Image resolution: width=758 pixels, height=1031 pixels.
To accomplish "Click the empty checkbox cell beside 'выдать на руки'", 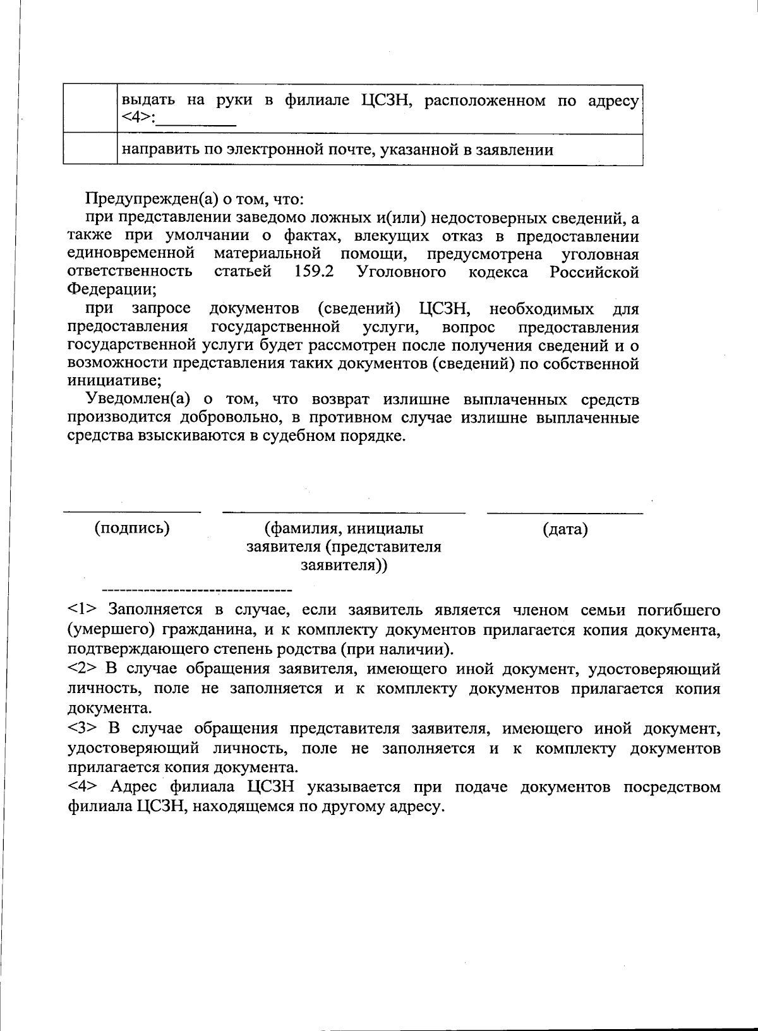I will [x=90, y=109].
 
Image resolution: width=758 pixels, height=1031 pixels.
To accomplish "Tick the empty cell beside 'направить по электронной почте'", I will [x=90, y=149].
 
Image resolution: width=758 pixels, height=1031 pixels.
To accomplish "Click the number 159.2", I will [x=314, y=272].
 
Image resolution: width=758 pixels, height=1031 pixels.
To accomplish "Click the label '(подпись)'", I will [x=132, y=528].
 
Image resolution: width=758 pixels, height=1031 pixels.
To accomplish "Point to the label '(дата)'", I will [x=565, y=529].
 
